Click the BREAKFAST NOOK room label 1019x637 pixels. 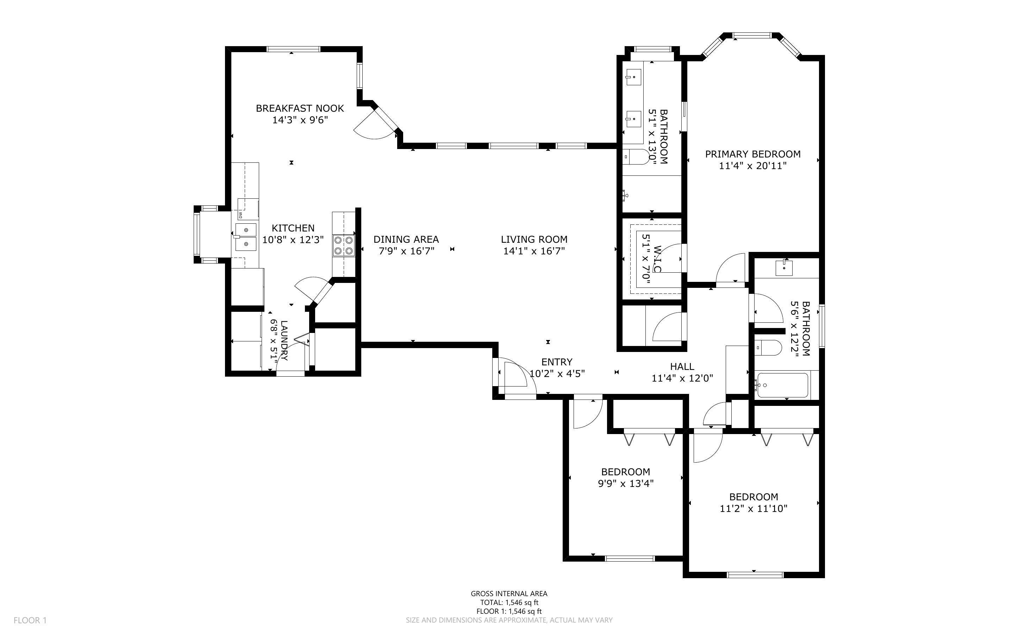[300, 108]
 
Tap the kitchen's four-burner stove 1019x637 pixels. [343, 246]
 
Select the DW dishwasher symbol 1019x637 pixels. [241, 215]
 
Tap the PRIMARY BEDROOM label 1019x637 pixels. [752, 154]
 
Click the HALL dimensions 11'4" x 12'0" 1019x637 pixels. [682, 378]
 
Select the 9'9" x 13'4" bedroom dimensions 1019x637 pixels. [625, 483]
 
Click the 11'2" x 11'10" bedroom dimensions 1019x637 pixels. [753, 508]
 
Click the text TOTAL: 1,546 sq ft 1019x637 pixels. [509, 602]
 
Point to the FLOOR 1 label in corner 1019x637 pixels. [30, 620]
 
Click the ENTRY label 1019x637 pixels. [556, 362]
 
